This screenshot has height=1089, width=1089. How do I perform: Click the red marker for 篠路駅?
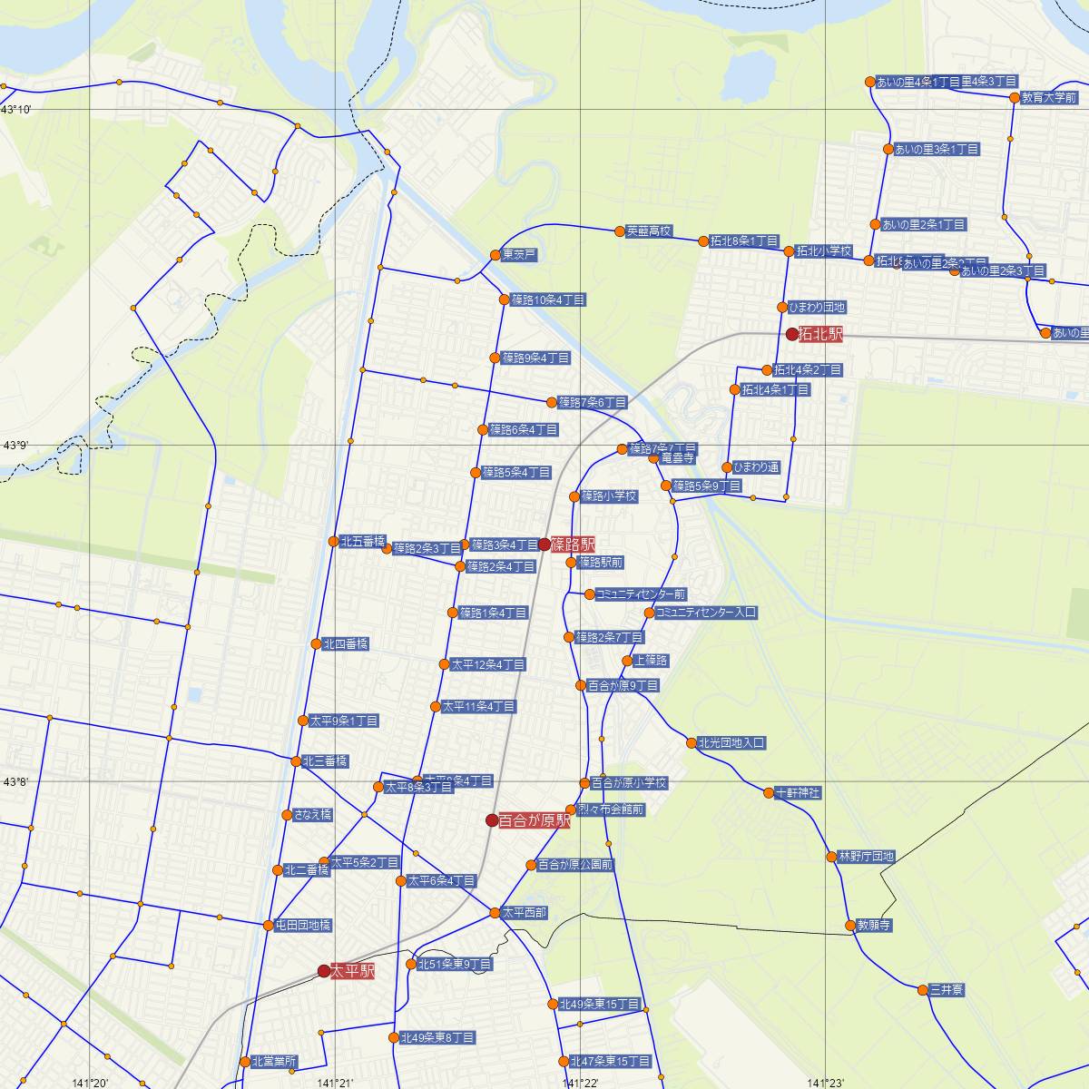[544, 544]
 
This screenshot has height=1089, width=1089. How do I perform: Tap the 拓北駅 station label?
[820, 334]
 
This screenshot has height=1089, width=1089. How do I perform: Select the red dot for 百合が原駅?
[492, 820]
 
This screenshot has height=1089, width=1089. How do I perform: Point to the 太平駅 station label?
[353, 971]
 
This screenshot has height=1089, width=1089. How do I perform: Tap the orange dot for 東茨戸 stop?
[495, 255]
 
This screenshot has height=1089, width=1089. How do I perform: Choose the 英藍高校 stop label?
[649, 231]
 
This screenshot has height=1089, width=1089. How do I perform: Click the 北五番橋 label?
[362, 542]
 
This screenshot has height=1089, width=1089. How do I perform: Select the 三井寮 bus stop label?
[946, 990]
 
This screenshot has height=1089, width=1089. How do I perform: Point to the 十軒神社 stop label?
[798, 793]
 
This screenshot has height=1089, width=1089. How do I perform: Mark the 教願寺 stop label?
[874, 927]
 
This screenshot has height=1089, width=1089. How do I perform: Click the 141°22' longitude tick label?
[580, 1083]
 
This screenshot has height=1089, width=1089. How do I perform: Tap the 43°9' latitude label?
[16, 446]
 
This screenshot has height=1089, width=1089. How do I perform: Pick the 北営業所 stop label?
[274, 1061]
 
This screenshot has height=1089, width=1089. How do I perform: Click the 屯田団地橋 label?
[303, 926]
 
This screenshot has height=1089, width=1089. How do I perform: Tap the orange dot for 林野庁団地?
[831, 857]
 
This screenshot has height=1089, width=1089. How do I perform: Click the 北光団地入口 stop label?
[731, 742]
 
